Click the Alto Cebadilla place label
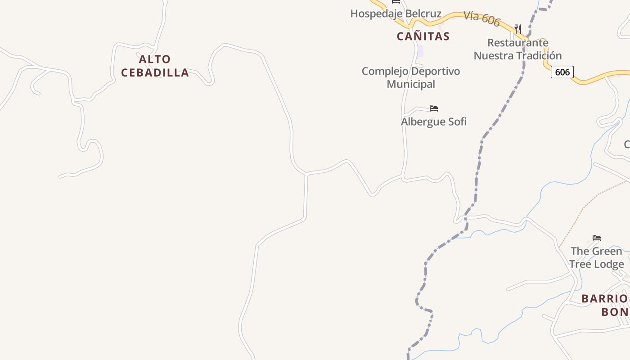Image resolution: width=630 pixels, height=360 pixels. (155, 66)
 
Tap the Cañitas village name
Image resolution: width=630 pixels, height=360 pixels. (423, 36)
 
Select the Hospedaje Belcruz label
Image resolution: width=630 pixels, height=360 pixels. (396, 13)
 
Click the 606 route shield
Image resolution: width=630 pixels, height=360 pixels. (562, 72)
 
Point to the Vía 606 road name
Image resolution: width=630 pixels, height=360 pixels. (482, 19)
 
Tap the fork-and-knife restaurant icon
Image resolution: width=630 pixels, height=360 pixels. (517, 30)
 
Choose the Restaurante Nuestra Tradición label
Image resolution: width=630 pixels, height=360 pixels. (517, 49)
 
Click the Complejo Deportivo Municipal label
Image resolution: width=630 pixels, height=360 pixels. (411, 77)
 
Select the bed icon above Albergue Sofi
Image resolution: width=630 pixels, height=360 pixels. (434, 108)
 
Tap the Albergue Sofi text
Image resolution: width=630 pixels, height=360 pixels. (433, 121)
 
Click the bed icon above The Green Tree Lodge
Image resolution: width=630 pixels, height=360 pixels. (597, 238)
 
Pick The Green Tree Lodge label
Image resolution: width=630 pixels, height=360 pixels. (596, 257)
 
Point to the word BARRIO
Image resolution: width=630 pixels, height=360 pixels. (604, 299)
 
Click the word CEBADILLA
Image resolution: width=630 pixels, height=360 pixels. (155, 73)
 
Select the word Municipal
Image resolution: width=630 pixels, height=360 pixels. (411, 84)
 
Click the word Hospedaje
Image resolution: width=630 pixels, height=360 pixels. (376, 13)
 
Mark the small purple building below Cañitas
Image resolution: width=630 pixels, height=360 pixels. (420, 51)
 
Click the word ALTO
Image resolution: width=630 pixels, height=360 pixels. (155, 59)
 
